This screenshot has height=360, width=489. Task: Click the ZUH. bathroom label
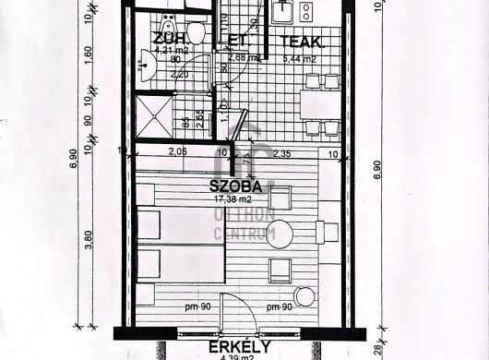(x=172, y=40)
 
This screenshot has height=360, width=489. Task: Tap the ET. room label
(x=236, y=40)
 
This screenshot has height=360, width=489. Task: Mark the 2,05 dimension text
(x=177, y=153)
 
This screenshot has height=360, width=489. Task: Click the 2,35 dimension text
(x=281, y=153)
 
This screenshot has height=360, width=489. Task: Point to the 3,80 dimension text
(x=89, y=241)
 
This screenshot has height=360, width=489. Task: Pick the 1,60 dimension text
(x=89, y=54)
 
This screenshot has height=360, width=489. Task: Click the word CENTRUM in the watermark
(x=244, y=234)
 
